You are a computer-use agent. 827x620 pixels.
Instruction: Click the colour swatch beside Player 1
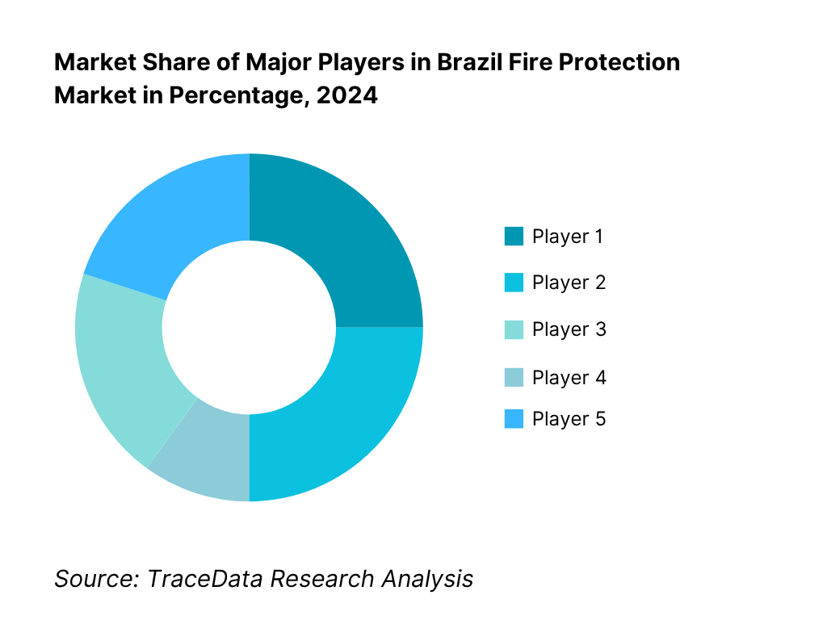[514, 237]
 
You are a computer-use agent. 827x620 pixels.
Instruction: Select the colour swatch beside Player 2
[514, 283]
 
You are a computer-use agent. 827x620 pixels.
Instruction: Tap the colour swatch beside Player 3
[514, 329]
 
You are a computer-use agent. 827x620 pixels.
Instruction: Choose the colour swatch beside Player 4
[514, 377]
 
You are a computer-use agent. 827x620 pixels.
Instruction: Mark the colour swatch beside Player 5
[514, 419]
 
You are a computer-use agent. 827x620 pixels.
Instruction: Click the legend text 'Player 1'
[568, 237]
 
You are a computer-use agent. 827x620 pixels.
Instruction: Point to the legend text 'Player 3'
[569, 329]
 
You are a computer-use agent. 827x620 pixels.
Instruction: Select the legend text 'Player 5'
[569, 419]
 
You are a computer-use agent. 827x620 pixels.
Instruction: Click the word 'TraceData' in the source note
[205, 578]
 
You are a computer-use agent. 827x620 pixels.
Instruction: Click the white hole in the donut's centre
[249, 327]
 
